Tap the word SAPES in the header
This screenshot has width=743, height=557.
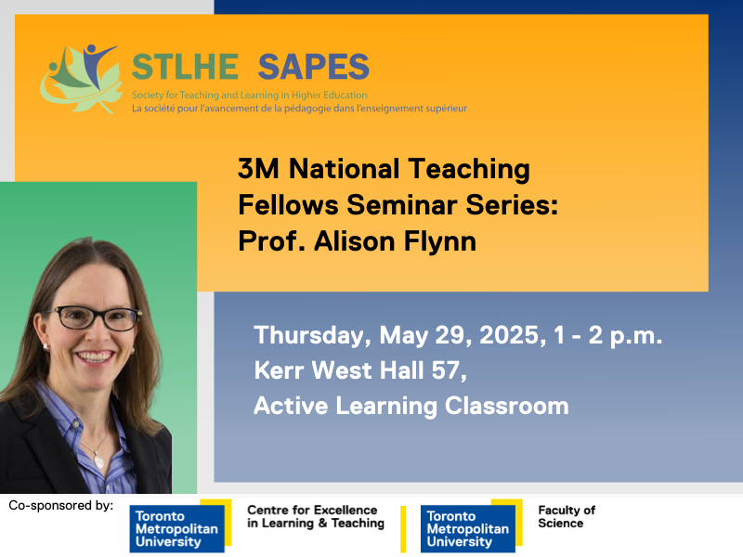[x=313, y=67]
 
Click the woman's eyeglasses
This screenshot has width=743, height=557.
[x=96, y=317]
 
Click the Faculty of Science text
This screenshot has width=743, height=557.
[x=566, y=517]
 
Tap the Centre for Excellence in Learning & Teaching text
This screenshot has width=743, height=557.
[x=315, y=517]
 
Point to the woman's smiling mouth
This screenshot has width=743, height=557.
[x=97, y=356]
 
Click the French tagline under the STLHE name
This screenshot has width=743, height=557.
[x=299, y=109]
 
